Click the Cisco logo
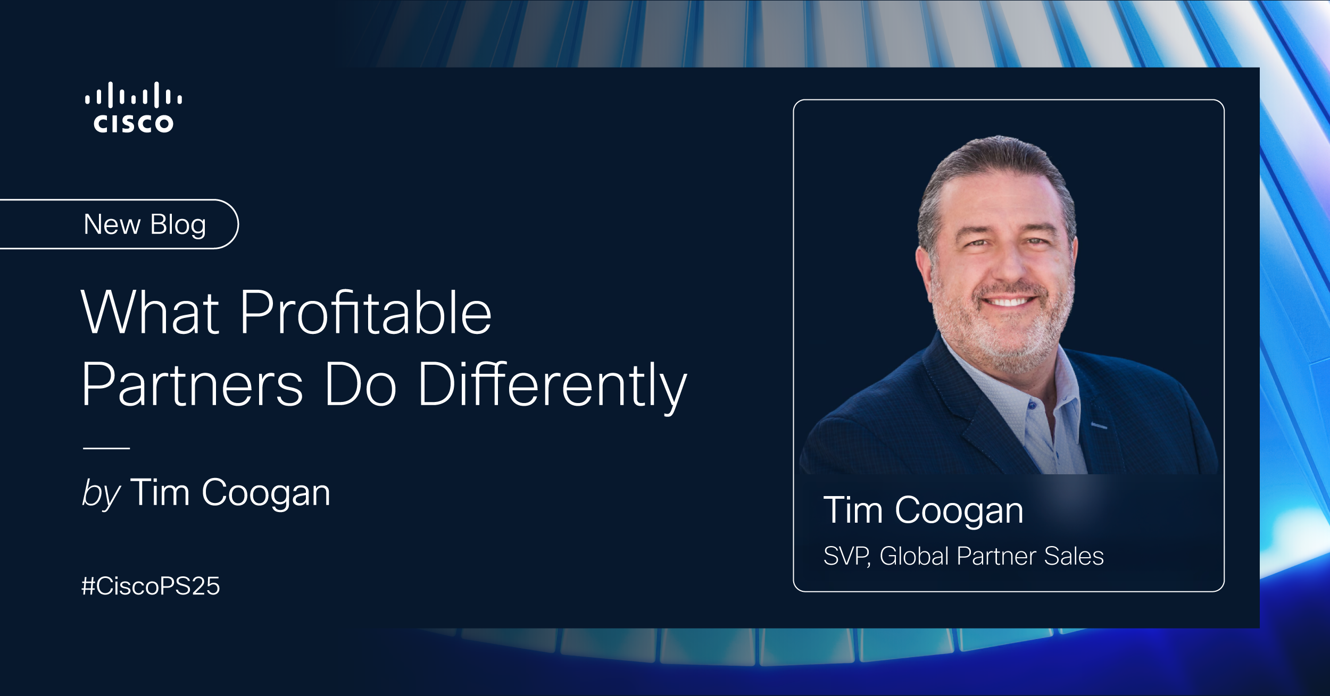point(133,107)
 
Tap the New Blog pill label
point(145,224)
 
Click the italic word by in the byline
point(101,493)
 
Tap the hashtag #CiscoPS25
point(151,586)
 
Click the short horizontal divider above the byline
point(106,448)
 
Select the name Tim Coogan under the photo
point(923,510)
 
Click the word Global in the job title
point(914,556)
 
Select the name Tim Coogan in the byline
point(230,493)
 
